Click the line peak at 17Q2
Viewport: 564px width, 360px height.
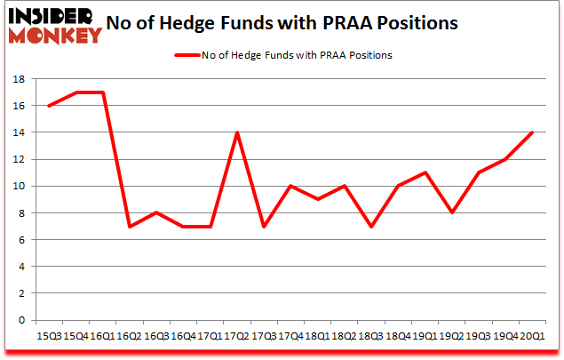[x=237, y=132]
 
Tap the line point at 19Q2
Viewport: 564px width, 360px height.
[x=453, y=212]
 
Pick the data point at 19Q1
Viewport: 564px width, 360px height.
[x=426, y=172]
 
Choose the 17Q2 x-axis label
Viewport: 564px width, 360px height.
[x=237, y=335]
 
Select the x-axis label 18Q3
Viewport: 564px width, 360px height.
[x=372, y=335]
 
